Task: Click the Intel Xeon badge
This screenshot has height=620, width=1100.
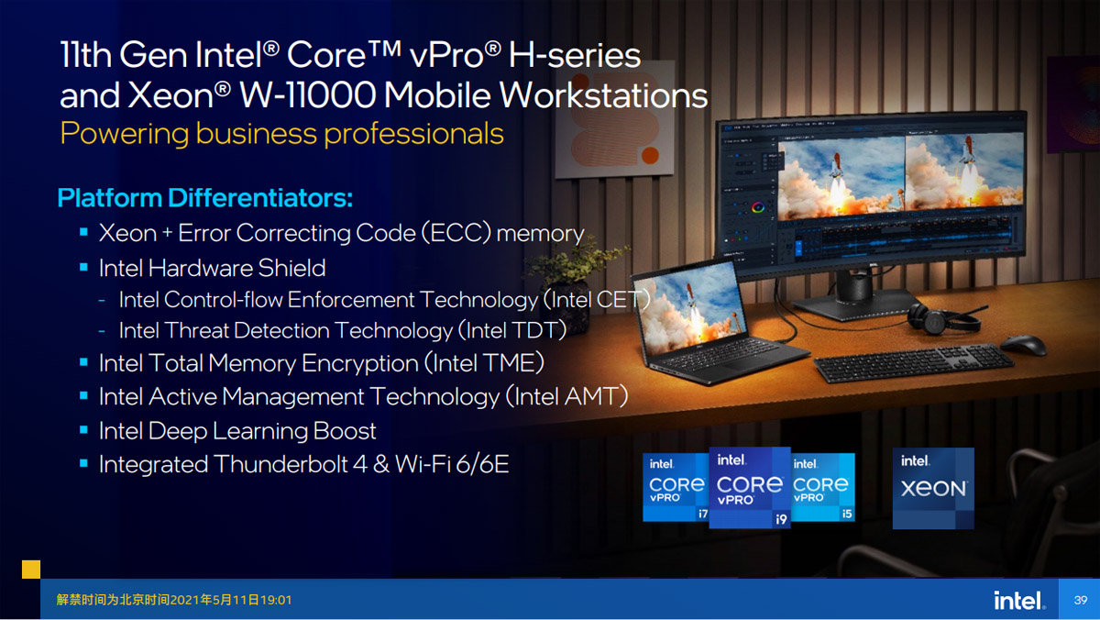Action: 933,488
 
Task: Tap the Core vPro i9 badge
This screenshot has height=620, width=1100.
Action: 750,487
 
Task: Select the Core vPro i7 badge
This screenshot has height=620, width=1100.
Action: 676,487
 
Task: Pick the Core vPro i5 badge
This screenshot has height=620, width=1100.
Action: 823,487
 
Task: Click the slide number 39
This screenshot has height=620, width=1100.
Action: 1081,600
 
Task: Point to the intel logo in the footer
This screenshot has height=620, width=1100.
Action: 1019,600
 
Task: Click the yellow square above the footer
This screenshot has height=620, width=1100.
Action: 31,570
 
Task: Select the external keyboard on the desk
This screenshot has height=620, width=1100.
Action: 913,363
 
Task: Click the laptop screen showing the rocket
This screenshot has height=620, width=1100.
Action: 690,307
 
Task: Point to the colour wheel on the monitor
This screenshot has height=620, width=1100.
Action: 758,208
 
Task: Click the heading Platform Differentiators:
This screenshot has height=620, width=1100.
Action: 204,198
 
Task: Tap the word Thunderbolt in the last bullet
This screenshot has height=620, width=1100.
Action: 281,464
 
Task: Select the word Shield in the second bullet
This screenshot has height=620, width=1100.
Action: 291,268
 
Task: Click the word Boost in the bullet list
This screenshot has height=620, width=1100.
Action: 345,431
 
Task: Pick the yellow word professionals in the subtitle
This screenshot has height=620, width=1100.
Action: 413,134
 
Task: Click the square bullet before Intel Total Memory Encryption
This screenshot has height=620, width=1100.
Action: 83,362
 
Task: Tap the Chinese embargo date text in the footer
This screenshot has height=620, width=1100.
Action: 174,600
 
